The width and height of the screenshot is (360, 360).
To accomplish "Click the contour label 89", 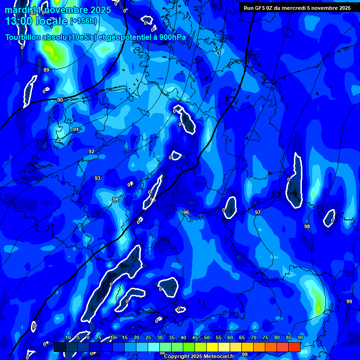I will (46, 70).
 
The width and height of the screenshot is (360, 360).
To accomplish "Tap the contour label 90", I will (60, 100).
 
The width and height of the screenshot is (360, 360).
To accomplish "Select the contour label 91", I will (76, 129).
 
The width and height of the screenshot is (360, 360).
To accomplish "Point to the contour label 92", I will (91, 151).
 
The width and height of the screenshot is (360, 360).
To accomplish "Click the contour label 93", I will (97, 178).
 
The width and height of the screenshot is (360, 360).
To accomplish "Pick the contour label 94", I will (115, 199).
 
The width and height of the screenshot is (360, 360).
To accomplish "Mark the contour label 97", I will (258, 212).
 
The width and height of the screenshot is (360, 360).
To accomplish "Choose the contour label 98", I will (307, 226).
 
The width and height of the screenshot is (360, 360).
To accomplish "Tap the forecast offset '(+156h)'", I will (83, 21).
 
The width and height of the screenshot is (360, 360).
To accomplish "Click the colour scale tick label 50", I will (207, 337).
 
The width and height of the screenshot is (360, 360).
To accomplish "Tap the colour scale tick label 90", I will (300, 337).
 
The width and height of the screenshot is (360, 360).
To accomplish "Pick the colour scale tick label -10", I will (67, 337).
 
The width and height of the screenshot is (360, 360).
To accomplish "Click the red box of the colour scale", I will (294, 347).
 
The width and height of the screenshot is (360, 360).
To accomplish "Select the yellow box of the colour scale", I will (212, 347).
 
